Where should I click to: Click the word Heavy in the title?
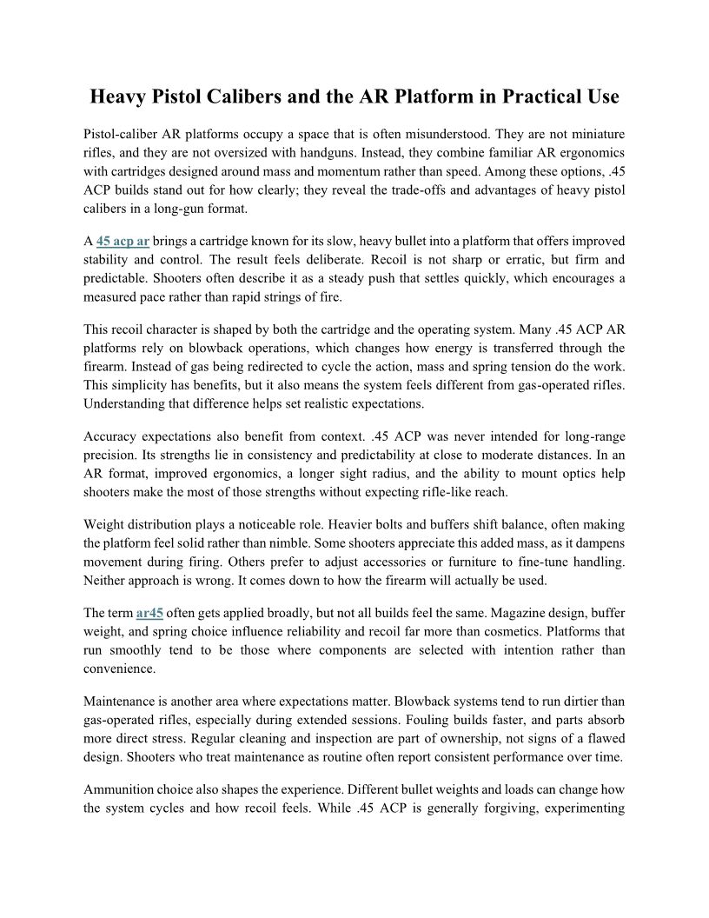[120, 96]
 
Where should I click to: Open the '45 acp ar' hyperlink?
[123, 241]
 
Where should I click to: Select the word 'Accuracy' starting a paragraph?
[112, 436]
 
